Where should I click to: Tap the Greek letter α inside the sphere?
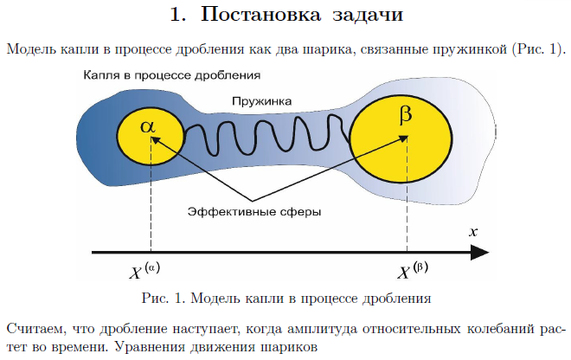tap(150, 126)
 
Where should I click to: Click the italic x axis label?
tap(473, 232)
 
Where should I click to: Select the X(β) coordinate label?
tap(413, 272)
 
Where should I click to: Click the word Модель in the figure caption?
tap(228, 299)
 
